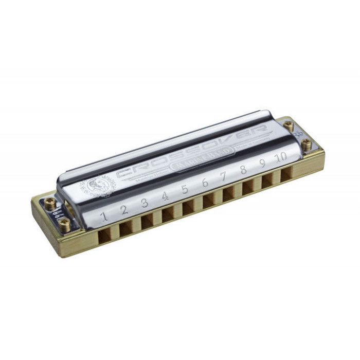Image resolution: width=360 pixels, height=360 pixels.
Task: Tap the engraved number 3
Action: click(x=145, y=203)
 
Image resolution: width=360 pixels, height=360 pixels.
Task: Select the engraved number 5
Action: click(x=184, y=189)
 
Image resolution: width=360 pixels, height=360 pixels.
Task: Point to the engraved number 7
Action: click(x=224, y=176)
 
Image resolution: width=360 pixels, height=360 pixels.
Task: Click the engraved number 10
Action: click(x=280, y=158)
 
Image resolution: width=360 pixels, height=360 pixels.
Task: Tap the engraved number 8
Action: click(x=243, y=170)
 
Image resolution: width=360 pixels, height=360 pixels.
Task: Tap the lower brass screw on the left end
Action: click(x=64, y=223)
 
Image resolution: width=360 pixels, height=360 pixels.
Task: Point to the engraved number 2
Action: click(x=124, y=210)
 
